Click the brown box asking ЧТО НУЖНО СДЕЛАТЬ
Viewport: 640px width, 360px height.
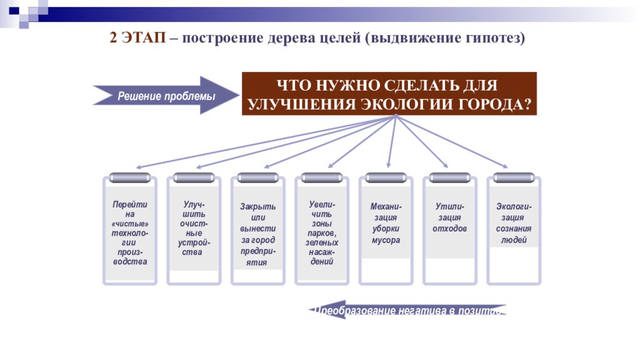[x=389, y=94]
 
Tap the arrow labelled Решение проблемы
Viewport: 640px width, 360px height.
[x=166, y=96]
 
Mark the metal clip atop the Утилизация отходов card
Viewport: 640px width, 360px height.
[x=449, y=177]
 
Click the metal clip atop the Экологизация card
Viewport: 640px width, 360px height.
[x=514, y=177]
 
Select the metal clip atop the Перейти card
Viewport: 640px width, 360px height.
[x=130, y=177]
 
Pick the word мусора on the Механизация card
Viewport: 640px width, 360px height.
[x=386, y=241]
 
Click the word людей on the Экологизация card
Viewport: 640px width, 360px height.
[x=514, y=240]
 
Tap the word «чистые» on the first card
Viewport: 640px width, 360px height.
[x=130, y=224]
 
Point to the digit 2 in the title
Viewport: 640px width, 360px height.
[x=113, y=37]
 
